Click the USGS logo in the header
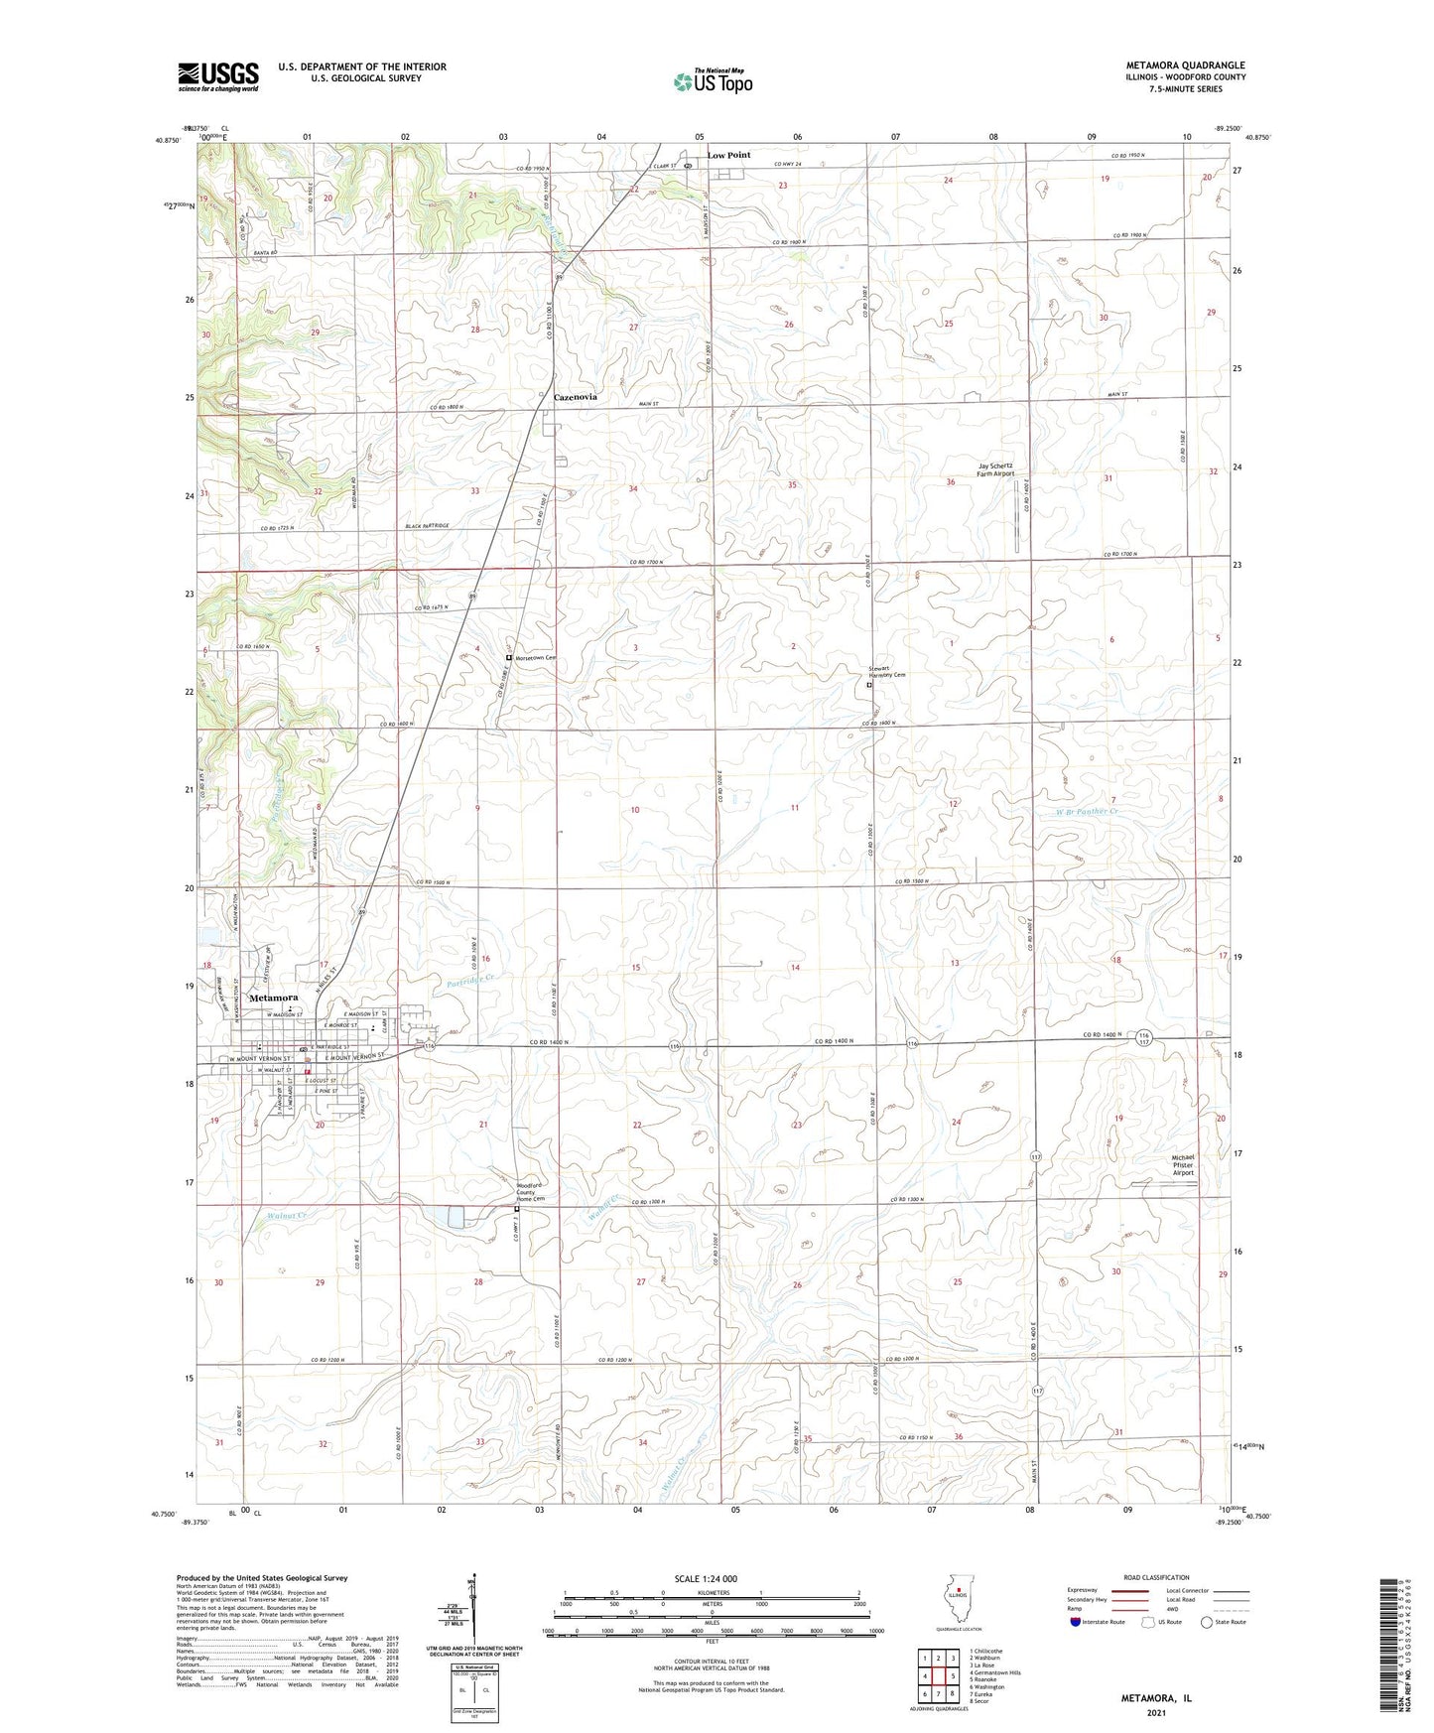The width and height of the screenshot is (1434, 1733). pyautogui.click(x=217, y=76)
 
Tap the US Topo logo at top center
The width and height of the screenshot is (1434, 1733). pyautogui.click(x=713, y=81)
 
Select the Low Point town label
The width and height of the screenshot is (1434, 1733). pyautogui.click(x=728, y=155)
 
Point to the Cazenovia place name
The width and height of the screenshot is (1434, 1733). pyautogui.click(x=575, y=396)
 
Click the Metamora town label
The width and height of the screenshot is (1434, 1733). pyautogui.click(x=273, y=998)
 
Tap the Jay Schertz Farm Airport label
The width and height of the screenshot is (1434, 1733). pyautogui.click(x=995, y=469)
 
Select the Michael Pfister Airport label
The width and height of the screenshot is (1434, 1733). pyautogui.click(x=1183, y=1165)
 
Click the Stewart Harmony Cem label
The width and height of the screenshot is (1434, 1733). pyautogui.click(x=887, y=672)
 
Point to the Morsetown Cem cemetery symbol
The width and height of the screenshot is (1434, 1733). pyautogui.click(x=509, y=657)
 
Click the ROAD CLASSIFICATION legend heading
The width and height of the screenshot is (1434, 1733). pyautogui.click(x=1155, y=1577)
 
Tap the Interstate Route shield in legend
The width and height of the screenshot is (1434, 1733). pyautogui.click(x=1076, y=1622)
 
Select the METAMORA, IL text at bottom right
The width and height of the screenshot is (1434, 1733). pyautogui.click(x=1156, y=1698)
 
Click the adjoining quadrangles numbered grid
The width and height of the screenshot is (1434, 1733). pyautogui.click(x=938, y=1676)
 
